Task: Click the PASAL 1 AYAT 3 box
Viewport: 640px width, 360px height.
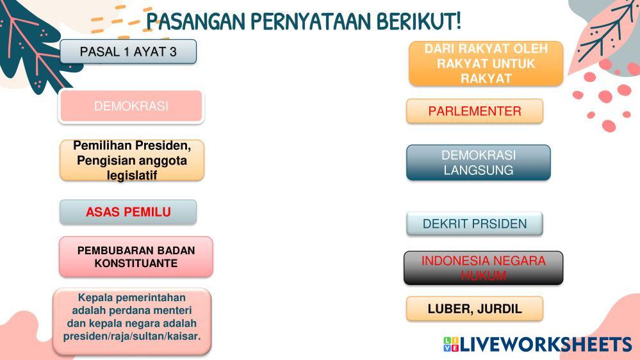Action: coord(128,51)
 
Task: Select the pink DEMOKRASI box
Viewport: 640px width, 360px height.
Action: coord(131,106)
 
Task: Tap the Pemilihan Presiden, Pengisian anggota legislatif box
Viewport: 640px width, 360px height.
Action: coord(132,160)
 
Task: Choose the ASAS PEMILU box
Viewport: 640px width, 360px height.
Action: coord(128,212)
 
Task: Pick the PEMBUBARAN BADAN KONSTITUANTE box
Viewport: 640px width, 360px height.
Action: coord(136,257)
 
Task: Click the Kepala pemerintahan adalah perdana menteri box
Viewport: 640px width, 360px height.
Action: coord(132,322)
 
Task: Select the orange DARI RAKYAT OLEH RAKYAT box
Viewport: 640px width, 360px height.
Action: coord(486,63)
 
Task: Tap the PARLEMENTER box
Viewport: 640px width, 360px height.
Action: coord(475,111)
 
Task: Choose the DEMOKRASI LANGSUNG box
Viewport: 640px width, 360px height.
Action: coord(479,163)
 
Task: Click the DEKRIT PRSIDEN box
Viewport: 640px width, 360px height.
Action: coord(475,224)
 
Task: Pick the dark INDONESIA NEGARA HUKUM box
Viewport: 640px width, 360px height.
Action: coord(483,268)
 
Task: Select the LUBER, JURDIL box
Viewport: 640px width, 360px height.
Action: coord(475,309)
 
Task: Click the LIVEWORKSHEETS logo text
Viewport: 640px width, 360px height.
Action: coord(546,344)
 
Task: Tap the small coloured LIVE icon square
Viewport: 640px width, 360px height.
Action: coord(451,344)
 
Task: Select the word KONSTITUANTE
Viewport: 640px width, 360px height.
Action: coord(136,263)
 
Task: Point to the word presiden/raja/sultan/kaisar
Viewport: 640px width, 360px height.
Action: coord(132,336)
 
